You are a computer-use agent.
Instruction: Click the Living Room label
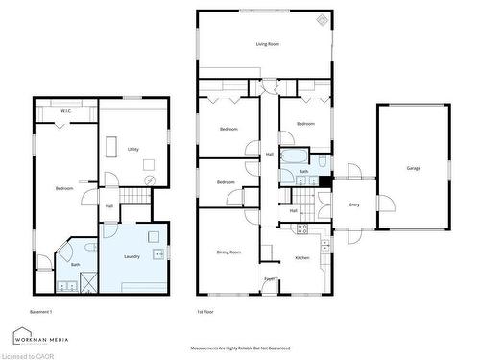[267, 44]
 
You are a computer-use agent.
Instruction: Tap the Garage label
[414, 168]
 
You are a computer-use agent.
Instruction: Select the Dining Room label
[228, 252]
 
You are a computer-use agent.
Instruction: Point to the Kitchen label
[302, 258]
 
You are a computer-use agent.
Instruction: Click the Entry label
[354, 204]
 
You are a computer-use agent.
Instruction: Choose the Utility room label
[133, 149]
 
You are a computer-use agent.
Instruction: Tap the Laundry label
[132, 256]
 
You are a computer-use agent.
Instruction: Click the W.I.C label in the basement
[65, 112]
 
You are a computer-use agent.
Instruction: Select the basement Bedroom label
[64, 189]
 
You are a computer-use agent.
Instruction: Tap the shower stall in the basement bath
[87, 281]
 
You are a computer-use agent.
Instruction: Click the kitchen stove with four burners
[300, 228]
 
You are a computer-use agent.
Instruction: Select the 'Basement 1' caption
[40, 312]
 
